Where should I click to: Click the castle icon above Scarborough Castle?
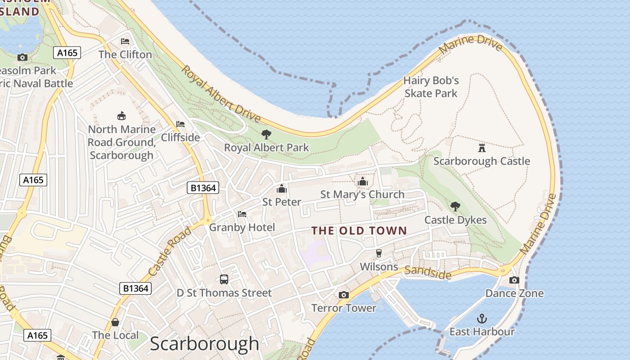[x=481, y=148]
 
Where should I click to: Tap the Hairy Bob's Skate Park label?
[x=431, y=87]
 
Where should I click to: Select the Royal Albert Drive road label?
[x=221, y=94]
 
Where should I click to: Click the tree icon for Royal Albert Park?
[x=266, y=134]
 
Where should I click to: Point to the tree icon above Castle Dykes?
[x=455, y=207]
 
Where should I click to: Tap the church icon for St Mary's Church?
[x=362, y=181]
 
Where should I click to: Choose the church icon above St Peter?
[x=282, y=189]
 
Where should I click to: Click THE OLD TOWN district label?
[x=359, y=231]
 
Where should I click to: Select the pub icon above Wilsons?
[x=379, y=253]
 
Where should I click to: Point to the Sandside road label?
[x=427, y=272]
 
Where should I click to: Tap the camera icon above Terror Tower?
[x=344, y=295]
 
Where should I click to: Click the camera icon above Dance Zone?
[x=514, y=280]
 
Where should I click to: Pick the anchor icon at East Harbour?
[x=482, y=319]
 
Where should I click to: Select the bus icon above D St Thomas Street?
[x=224, y=279]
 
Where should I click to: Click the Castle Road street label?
[x=169, y=252]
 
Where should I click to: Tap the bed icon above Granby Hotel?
[x=242, y=214]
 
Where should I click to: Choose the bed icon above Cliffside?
[x=180, y=124]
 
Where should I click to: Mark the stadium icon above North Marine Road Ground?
[x=121, y=116]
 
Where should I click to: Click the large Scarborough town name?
[x=204, y=344]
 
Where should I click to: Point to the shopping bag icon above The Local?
[x=115, y=322]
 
